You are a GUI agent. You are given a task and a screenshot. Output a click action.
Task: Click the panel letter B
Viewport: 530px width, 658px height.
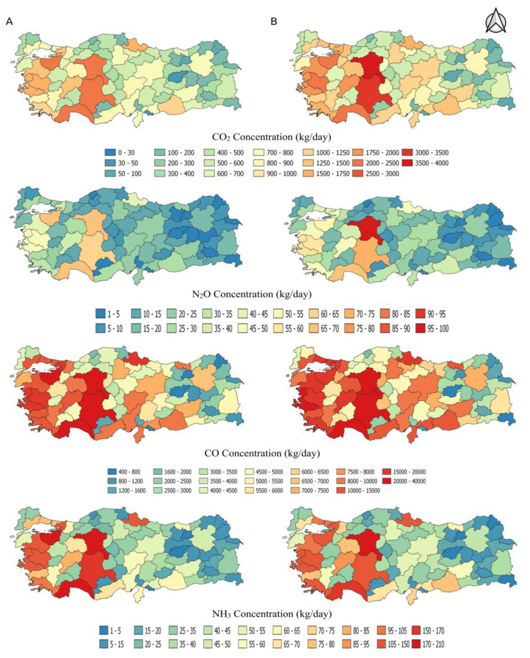pyautogui.click(x=274, y=22)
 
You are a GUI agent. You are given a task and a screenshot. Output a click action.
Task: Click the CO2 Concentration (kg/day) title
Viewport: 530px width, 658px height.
pyautogui.click(x=271, y=137)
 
